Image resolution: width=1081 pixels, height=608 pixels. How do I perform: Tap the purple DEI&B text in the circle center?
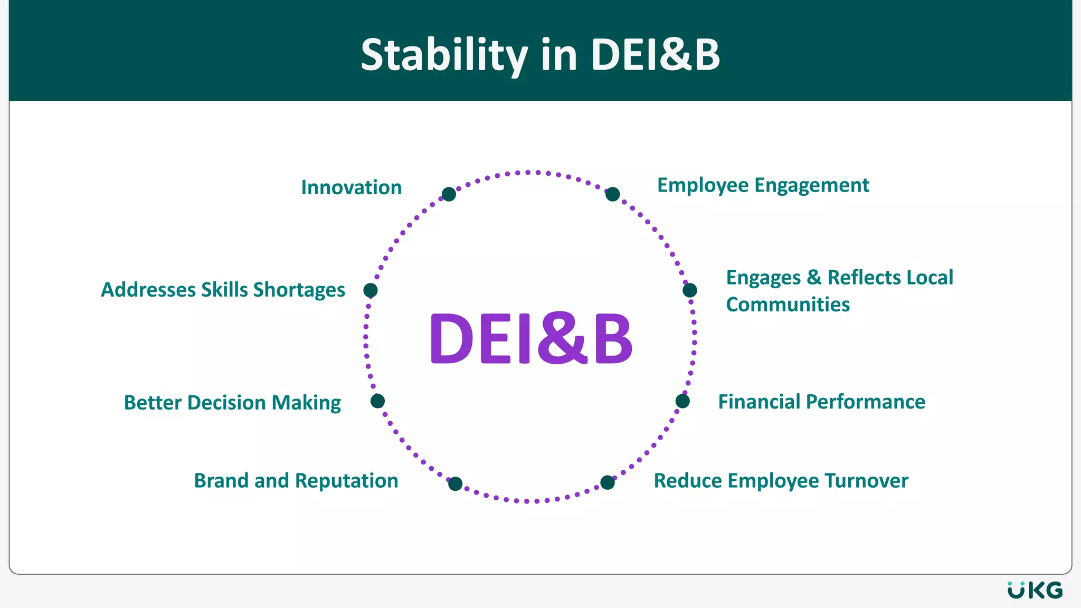[x=531, y=338]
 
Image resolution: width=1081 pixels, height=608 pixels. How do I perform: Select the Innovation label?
[x=352, y=187]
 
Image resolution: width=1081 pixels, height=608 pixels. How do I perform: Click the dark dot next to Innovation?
[x=449, y=194]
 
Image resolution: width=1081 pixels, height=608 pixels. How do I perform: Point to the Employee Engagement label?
[x=763, y=185]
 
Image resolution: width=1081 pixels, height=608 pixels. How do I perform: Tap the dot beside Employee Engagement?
[x=612, y=194]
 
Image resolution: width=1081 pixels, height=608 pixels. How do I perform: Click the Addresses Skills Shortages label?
[x=223, y=290]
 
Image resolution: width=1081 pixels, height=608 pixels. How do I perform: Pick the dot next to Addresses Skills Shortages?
[x=371, y=290]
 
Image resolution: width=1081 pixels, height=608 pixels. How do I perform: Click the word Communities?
[x=788, y=305]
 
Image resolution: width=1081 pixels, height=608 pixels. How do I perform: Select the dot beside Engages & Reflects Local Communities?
[x=689, y=290]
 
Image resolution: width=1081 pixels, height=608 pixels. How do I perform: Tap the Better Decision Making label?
[x=232, y=402]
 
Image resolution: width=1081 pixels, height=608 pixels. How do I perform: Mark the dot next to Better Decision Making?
[x=377, y=401]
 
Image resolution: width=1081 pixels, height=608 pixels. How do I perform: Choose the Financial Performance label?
[x=821, y=402]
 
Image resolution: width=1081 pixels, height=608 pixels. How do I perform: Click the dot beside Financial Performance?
[x=682, y=401]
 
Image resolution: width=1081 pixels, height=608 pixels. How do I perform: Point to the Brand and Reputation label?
[x=296, y=481]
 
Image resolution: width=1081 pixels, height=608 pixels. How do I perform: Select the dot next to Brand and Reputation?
[x=455, y=483]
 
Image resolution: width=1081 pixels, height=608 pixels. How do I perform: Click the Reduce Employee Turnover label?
[x=781, y=481]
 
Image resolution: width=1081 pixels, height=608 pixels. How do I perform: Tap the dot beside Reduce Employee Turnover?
[x=608, y=482]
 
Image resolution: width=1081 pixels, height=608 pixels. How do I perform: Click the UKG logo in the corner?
[x=1035, y=590]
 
